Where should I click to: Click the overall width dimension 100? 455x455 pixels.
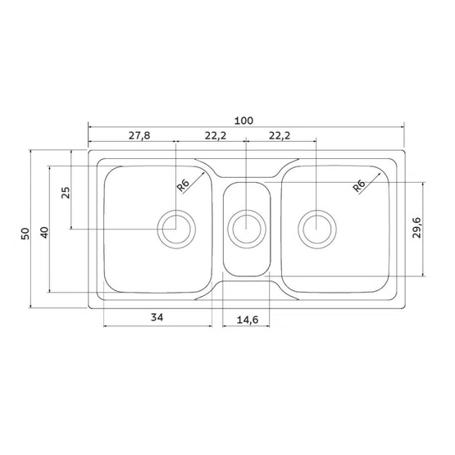point(243,121)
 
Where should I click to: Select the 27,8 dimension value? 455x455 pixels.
point(139,135)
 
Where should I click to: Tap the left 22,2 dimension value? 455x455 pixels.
point(216,135)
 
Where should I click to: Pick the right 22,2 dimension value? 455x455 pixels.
point(280,135)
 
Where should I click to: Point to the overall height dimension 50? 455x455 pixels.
point(25,234)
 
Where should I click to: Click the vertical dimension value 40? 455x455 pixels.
point(44,233)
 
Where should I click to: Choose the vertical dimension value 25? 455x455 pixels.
point(66,193)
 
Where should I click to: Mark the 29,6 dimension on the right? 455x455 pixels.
point(416,228)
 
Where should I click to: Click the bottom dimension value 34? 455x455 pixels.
point(157,317)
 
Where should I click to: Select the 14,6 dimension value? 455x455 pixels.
point(248,320)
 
